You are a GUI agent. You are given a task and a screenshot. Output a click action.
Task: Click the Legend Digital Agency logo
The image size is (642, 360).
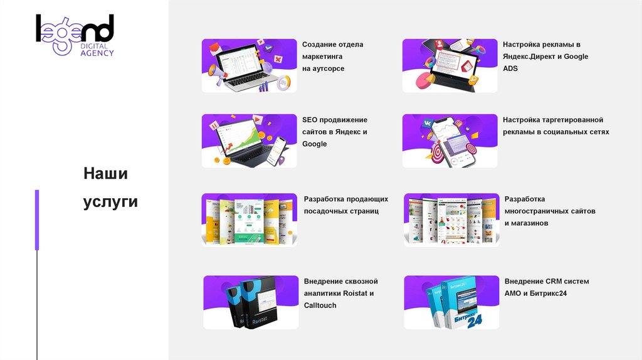coord(75,35)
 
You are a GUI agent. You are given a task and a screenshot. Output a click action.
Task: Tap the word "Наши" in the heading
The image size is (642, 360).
coord(105,174)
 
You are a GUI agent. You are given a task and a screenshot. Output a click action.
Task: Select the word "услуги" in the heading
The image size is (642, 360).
coord(110,202)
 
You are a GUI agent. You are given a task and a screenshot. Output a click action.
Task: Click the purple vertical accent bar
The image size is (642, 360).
coord(37,220)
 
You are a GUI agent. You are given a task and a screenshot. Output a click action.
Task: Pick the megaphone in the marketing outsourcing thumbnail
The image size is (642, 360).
coord(218,73)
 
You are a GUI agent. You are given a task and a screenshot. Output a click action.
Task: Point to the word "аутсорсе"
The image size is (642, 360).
coord(327,69)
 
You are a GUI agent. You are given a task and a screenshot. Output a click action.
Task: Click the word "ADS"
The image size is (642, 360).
coord(510,68)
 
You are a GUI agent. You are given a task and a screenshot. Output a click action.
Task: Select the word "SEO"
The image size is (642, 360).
coord(310,120)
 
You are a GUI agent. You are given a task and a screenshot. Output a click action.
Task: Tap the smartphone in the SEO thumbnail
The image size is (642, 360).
coord(276,150)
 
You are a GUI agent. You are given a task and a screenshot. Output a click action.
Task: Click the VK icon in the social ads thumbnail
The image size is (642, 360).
coord(428,123)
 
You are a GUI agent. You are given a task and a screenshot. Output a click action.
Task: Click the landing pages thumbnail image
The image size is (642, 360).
coord(250,220)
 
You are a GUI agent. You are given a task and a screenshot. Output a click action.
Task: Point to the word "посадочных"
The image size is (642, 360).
coord(324,211)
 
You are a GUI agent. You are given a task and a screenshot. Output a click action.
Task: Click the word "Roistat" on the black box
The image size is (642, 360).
coord(260,320)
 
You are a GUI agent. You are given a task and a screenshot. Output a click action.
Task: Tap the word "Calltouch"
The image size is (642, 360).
coord(320,305)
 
